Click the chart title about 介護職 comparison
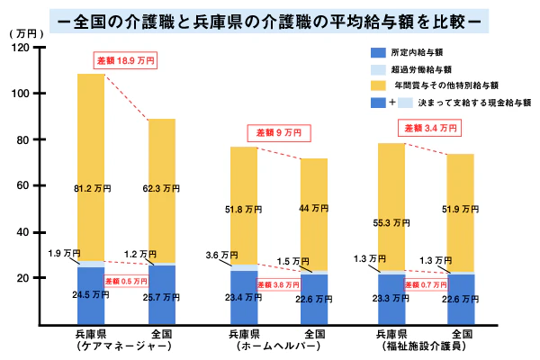coord(270,19)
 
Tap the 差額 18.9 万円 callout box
coord(125,61)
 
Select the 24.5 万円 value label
coord(92,293)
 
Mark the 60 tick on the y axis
coord(29,185)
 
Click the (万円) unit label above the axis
coord(27,32)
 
